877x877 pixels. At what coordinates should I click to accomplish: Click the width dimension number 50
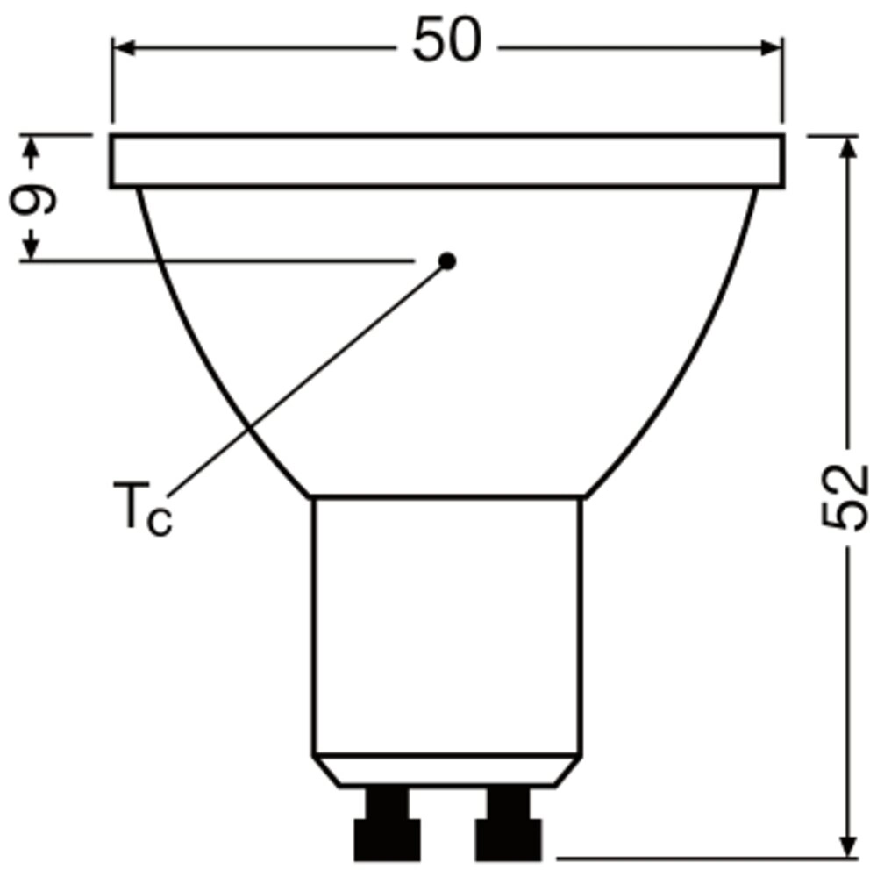click(x=447, y=41)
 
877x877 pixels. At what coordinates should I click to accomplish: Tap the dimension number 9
click(x=33, y=200)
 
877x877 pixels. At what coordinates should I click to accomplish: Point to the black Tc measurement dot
click(x=447, y=260)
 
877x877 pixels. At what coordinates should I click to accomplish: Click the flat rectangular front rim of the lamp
click(x=447, y=161)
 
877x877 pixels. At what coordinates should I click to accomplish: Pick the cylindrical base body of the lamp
click(x=447, y=623)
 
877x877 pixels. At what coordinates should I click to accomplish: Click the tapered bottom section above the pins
click(x=447, y=770)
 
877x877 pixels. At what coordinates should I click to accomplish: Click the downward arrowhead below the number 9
click(x=32, y=248)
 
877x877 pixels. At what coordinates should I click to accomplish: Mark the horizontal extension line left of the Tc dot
click(x=219, y=260)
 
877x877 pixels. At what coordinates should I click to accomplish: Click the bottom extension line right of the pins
click(x=702, y=859)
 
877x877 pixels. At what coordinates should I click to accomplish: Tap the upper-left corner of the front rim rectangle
click(x=112, y=137)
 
